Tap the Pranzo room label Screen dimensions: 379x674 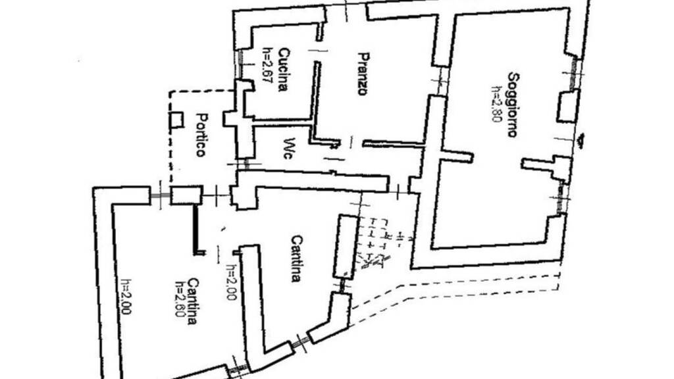(x=362, y=74)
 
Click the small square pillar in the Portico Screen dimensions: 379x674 (x=176, y=120)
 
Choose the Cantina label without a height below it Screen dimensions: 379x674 (x=296, y=259)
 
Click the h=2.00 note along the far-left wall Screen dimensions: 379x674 (x=126, y=297)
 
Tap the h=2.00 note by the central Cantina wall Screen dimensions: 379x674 (x=230, y=283)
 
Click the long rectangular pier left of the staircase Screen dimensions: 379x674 (x=344, y=246)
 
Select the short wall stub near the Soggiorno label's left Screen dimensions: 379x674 (x=456, y=157)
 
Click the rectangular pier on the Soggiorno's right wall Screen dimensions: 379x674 (x=567, y=107)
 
